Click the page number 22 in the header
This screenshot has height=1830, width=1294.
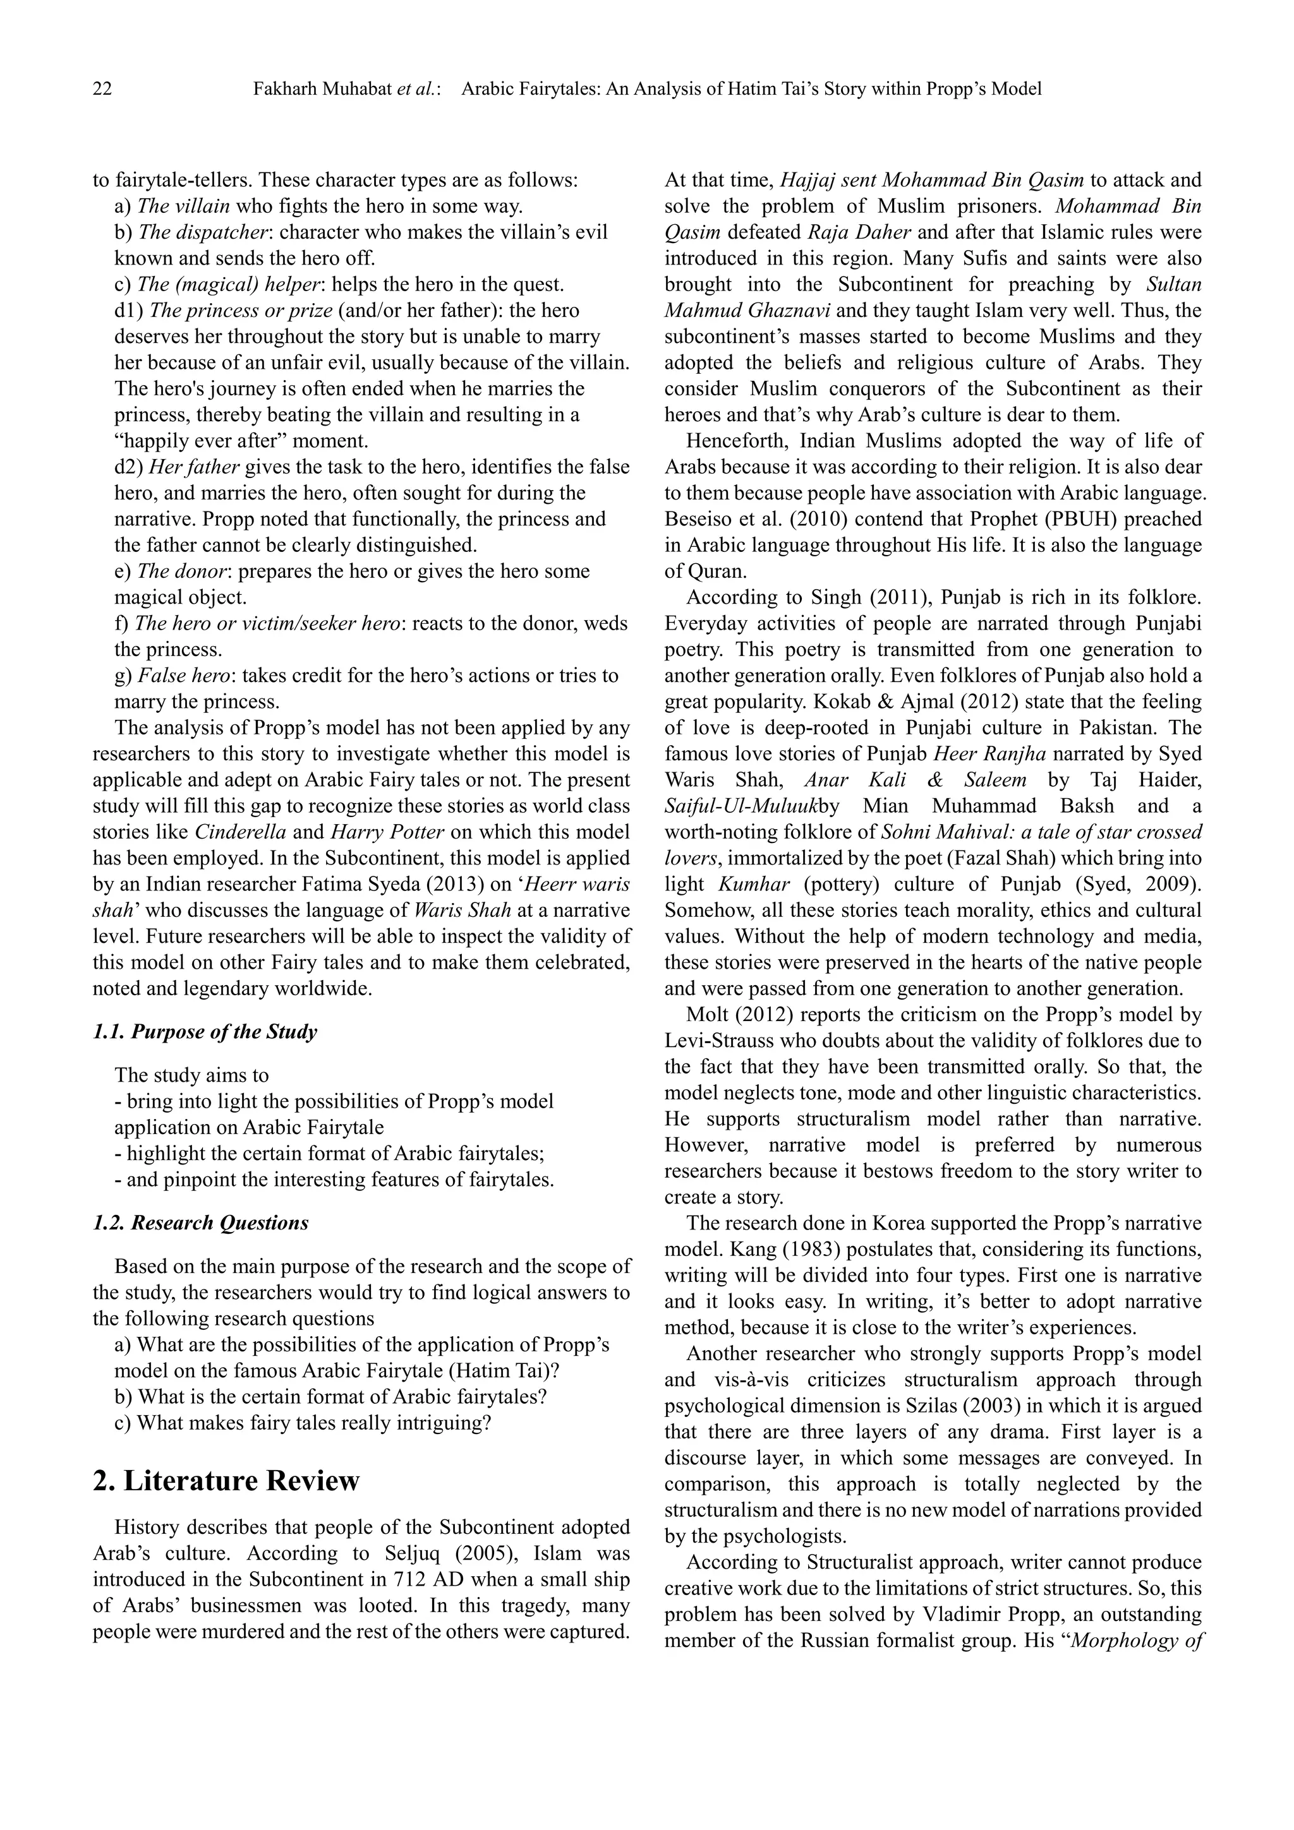click(x=102, y=89)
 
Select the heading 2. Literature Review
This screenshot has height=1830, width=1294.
click(x=226, y=1480)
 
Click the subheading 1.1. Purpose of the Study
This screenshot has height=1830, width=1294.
click(x=205, y=1032)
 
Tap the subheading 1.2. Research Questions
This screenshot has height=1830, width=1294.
click(x=201, y=1223)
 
